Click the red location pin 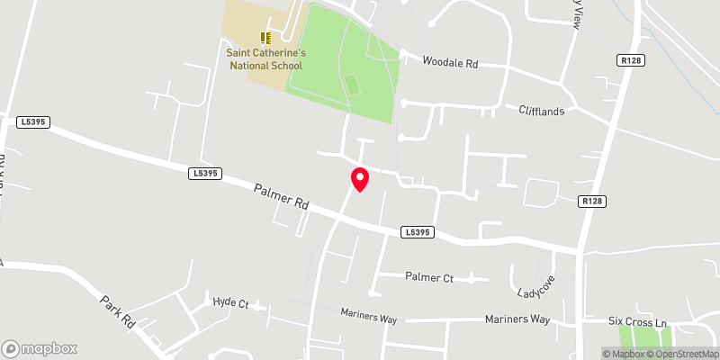click(x=360, y=178)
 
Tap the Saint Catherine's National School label click(x=265, y=59)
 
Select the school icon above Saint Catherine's click(x=265, y=37)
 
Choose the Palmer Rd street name click(x=281, y=198)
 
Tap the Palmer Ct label click(x=429, y=277)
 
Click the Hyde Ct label click(x=229, y=303)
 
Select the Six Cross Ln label click(x=636, y=321)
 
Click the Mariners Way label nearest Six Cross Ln click(x=517, y=319)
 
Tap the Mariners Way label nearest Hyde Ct click(x=369, y=313)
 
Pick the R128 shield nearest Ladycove click(x=591, y=202)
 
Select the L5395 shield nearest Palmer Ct click(x=419, y=232)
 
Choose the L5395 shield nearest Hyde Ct click(x=205, y=173)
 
